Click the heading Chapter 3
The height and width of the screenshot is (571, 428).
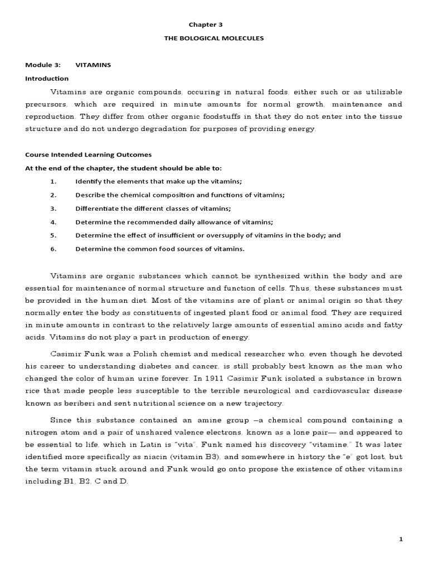(214, 25)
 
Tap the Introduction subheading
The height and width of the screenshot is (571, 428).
(47, 79)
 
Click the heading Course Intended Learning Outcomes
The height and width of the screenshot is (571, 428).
(89, 155)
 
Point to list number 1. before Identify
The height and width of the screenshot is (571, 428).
(53, 182)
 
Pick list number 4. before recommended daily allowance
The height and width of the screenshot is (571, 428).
(53, 222)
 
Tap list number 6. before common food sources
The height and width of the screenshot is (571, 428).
(53, 249)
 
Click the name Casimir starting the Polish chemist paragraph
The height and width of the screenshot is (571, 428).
(67, 354)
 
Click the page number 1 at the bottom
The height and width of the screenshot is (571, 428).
(401, 539)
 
